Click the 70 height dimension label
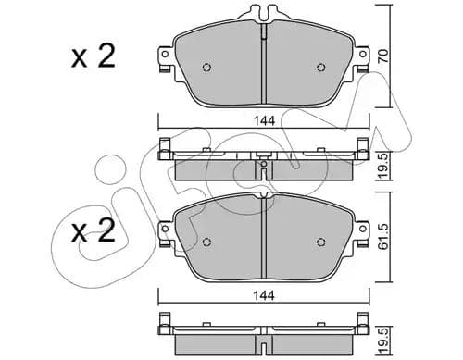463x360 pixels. click(x=383, y=56)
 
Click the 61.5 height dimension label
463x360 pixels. click(x=383, y=237)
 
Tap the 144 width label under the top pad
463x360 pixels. click(x=264, y=121)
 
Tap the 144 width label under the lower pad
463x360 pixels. click(x=264, y=295)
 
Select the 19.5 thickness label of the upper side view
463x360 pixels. click(x=383, y=167)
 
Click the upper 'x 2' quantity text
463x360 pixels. click(x=93, y=56)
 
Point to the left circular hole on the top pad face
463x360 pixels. click(x=206, y=68)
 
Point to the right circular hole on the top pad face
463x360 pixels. click(x=321, y=68)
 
